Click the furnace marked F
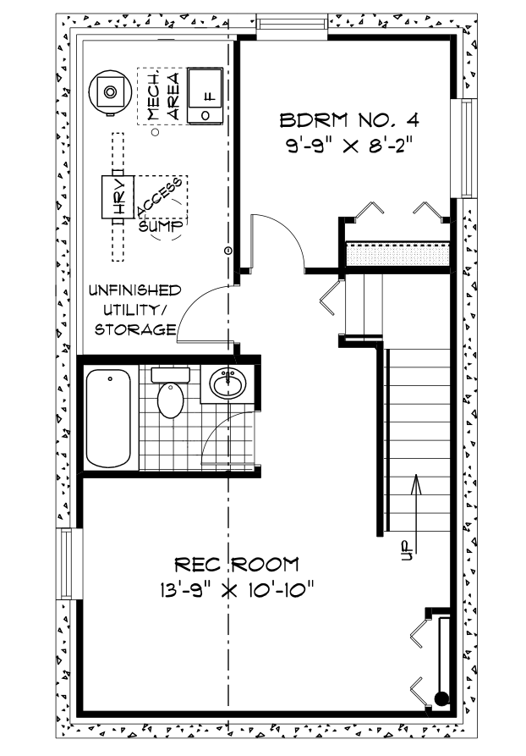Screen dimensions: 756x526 pos(205,94)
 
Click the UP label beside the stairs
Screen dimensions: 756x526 pos(406,551)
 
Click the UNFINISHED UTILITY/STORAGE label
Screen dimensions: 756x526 pos(135,309)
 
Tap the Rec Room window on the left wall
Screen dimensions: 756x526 pos(66,564)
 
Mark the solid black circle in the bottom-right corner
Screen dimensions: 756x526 pos(441,698)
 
